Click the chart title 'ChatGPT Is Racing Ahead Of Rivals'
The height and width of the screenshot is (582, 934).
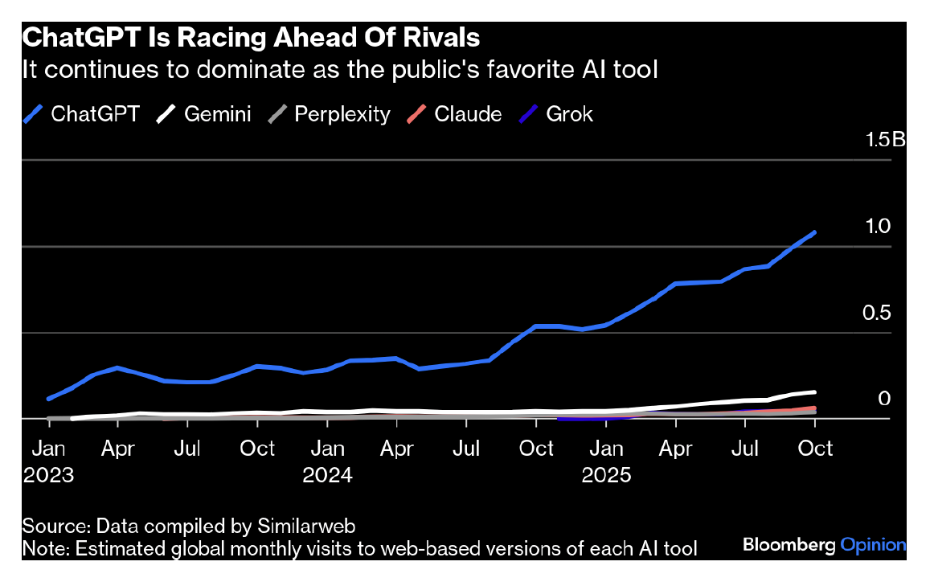tap(251, 38)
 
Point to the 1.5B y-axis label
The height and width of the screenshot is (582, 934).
tap(885, 140)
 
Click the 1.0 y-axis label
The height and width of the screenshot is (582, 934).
tap(879, 227)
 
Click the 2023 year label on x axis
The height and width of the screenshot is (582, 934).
tap(48, 475)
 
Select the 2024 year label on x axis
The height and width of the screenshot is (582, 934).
tap(327, 475)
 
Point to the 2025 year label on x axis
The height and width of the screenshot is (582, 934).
tap(606, 475)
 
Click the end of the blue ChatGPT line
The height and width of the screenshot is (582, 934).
tap(815, 233)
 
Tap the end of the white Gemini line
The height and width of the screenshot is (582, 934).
tap(815, 392)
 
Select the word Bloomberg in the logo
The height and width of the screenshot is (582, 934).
tap(789, 546)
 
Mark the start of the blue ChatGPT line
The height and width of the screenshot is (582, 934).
tap(49, 399)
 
